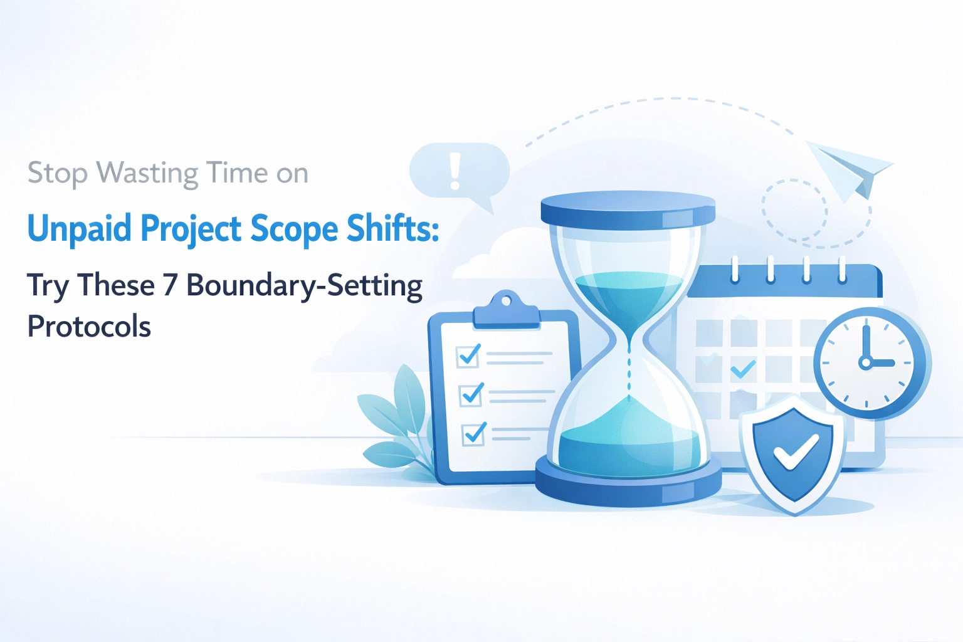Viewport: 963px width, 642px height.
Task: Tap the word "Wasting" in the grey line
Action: (x=149, y=173)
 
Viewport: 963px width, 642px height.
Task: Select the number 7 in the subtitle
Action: (x=170, y=285)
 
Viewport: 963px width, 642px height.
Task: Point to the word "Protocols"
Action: (x=89, y=327)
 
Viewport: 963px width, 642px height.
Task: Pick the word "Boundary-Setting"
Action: (x=305, y=285)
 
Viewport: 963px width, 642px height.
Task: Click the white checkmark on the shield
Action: (x=795, y=452)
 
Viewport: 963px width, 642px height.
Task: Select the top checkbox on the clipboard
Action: (x=469, y=355)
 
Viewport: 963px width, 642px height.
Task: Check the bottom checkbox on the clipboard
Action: (x=473, y=434)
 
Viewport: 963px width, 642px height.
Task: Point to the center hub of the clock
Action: (x=866, y=362)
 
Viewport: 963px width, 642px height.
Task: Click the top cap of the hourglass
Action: (x=628, y=209)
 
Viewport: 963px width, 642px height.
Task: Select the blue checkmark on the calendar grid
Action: (x=744, y=369)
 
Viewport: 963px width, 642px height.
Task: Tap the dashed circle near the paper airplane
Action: (x=794, y=211)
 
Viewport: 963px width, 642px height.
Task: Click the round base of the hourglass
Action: (x=628, y=484)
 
